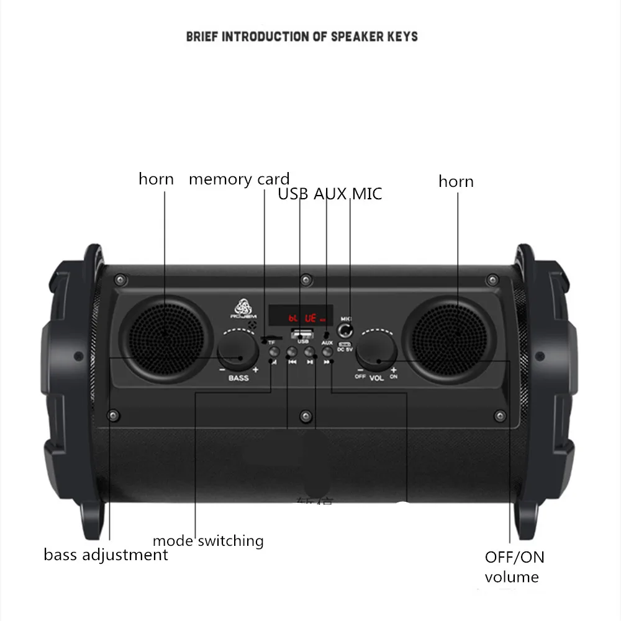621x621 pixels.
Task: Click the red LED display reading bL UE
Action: click(x=301, y=317)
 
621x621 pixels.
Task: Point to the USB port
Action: click(x=302, y=334)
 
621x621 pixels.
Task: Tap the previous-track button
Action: click(x=292, y=353)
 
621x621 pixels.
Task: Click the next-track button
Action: click(x=328, y=353)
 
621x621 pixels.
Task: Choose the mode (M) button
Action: click(x=274, y=353)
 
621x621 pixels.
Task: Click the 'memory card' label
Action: click(x=239, y=179)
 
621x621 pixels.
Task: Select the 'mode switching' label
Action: click(x=208, y=541)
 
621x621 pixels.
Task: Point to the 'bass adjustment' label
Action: click(x=106, y=555)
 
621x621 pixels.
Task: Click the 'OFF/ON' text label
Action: click(x=514, y=557)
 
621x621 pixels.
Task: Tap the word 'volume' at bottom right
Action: click(x=512, y=578)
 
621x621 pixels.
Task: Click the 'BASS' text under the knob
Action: click(x=238, y=377)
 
